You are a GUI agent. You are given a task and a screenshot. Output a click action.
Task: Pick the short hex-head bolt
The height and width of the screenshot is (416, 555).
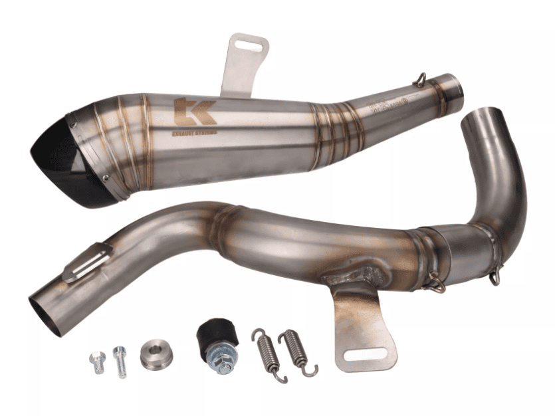tap(98, 362)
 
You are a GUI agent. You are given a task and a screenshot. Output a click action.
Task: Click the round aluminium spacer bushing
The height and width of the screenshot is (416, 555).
tap(156, 355)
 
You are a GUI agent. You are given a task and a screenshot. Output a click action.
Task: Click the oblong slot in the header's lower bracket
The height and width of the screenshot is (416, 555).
tap(366, 355)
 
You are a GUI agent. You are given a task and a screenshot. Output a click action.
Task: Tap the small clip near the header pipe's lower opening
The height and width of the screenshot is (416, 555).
tap(86, 262)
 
